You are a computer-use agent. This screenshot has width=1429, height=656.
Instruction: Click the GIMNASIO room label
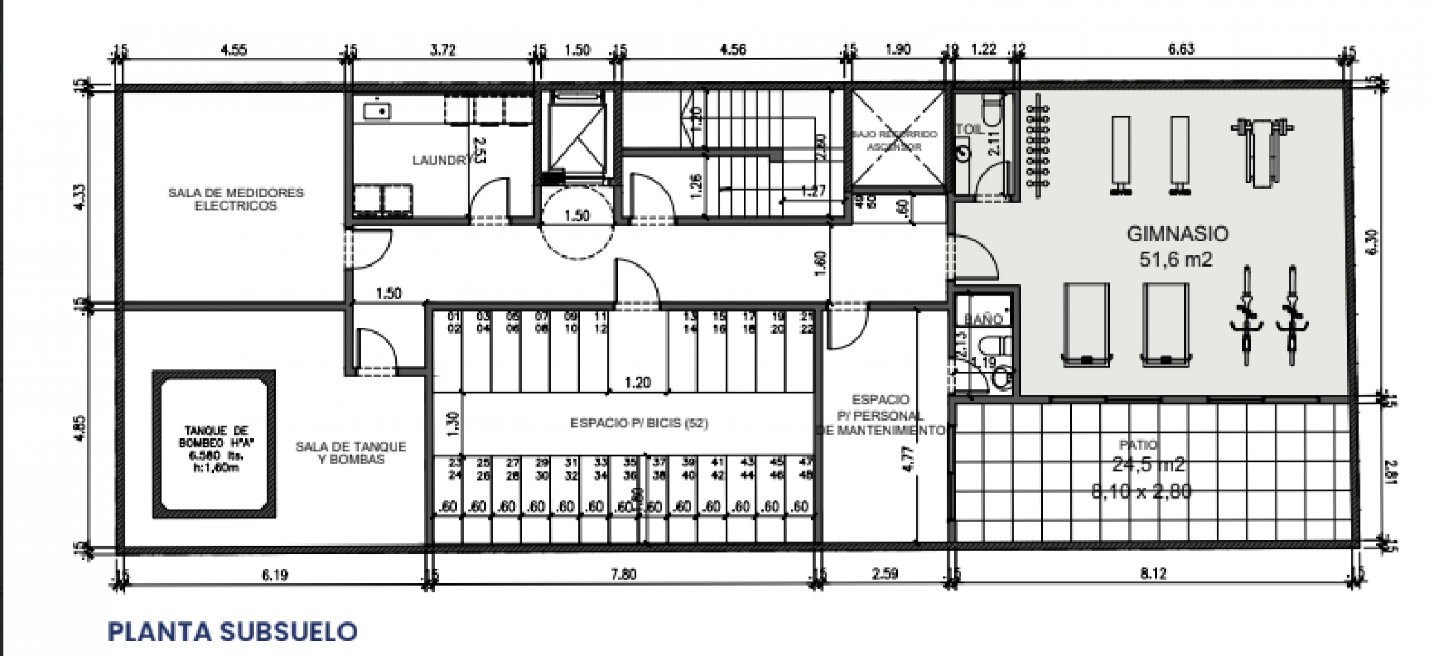(x=1177, y=234)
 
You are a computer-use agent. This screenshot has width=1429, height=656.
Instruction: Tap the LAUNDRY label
(x=441, y=160)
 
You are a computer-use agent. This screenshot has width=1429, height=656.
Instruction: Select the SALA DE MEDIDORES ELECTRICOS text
(x=236, y=199)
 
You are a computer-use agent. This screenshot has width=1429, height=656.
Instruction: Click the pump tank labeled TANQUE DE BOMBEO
(x=214, y=443)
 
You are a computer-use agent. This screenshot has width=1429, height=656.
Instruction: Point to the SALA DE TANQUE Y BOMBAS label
(x=351, y=453)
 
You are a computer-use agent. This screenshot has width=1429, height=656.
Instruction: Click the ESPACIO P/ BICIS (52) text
(x=638, y=423)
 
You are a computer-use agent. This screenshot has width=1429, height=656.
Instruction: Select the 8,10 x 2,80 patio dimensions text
(x=1141, y=492)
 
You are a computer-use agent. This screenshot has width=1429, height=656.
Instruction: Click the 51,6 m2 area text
(x=1176, y=260)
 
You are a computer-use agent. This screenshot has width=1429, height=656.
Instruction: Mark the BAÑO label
(x=982, y=319)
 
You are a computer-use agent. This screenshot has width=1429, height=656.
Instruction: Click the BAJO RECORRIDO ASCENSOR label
(x=894, y=140)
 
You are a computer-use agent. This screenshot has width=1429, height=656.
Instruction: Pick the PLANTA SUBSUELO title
(x=232, y=631)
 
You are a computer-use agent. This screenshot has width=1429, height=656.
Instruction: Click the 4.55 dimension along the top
(x=234, y=50)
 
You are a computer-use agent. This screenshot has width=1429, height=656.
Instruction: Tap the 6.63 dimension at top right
(x=1180, y=49)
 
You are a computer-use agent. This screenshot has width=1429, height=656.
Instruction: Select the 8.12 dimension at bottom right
(x=1153, y=573)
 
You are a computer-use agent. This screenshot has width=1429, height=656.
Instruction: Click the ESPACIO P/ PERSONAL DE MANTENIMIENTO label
(x=880, y=415)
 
